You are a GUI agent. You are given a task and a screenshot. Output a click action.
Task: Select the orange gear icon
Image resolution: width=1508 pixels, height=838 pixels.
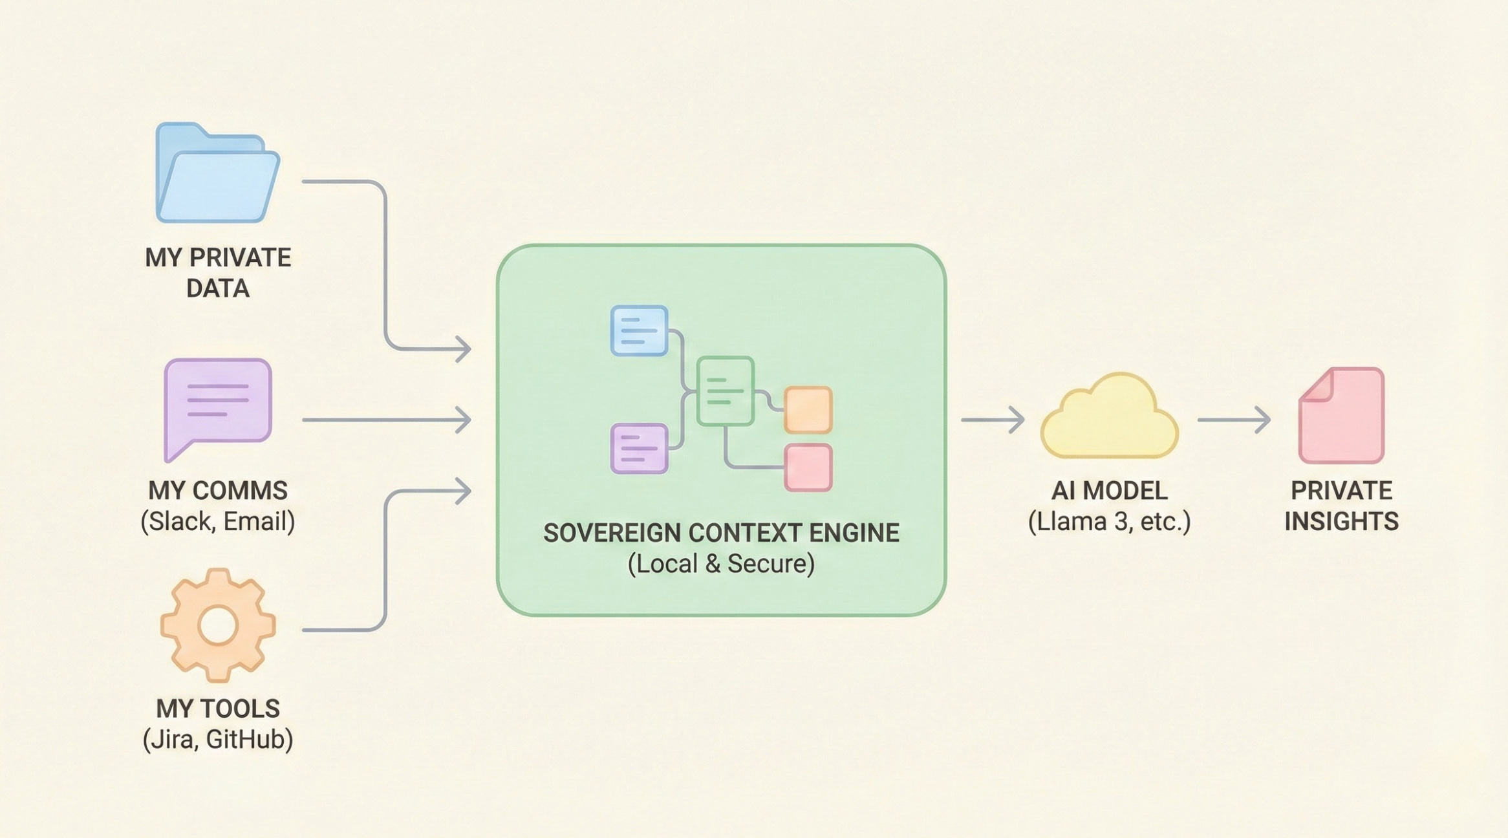coord(218,625)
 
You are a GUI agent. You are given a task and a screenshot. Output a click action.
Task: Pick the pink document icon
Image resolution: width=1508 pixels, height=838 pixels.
coord(1341,416)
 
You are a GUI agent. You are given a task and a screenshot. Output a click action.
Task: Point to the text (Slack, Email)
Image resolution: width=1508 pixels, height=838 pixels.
coord(218,521)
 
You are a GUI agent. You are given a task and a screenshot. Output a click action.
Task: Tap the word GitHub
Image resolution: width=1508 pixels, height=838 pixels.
coord(249,739)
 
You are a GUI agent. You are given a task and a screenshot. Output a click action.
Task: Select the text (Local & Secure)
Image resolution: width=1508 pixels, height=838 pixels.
coord(721,564)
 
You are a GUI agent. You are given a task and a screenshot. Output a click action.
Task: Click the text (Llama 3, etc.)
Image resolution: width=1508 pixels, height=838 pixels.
coord(1109,521)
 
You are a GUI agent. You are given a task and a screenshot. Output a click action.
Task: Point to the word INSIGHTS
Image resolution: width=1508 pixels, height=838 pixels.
coord(1341,521)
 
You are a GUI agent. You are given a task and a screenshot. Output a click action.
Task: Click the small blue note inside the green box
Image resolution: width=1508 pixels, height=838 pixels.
coord(639,331)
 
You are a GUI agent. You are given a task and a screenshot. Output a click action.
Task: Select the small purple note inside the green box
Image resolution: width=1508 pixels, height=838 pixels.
coord(639,448)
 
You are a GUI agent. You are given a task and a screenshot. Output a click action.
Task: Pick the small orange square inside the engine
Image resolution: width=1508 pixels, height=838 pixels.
coord(808,410)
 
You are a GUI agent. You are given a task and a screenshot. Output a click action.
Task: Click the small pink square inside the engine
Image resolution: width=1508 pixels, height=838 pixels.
coord(808,467)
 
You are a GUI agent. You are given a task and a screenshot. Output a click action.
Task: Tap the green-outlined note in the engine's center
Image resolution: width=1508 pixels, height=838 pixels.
coord(725,391)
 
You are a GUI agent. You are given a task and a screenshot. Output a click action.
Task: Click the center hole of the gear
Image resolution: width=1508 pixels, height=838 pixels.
coord(218,625)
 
